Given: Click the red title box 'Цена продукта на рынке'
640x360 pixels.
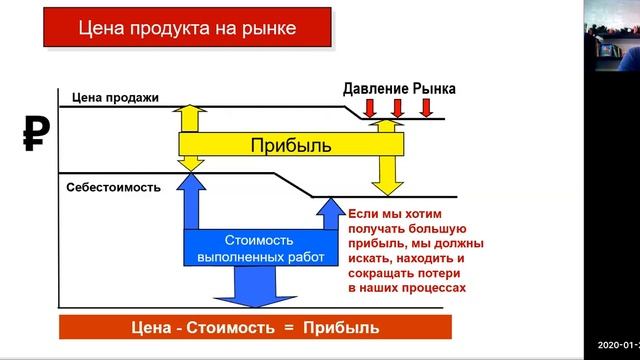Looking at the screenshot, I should tap(187, 28).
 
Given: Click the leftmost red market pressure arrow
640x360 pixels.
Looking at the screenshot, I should tap(370, 107).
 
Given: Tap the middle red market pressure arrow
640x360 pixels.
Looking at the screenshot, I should tap(397, 107).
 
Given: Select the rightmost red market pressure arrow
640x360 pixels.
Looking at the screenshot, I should tap(425, 107).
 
